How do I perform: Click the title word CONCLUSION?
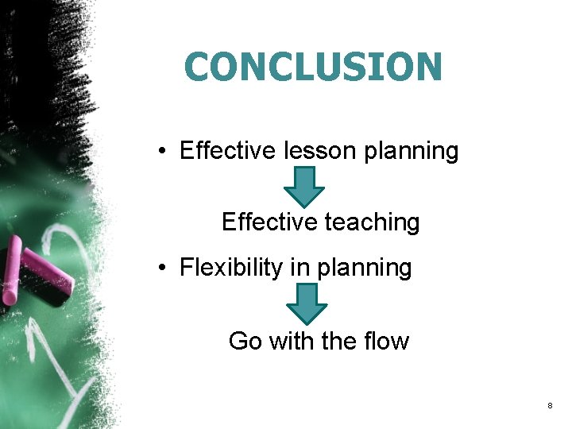[x=312, y=68]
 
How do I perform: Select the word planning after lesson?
[x=412, y=152]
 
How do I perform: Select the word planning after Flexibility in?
[x=365, y=269]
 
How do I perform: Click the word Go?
[x=245, y=342]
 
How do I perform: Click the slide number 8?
[x=550, y=407]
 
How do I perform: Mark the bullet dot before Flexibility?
[x=161, y=269]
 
